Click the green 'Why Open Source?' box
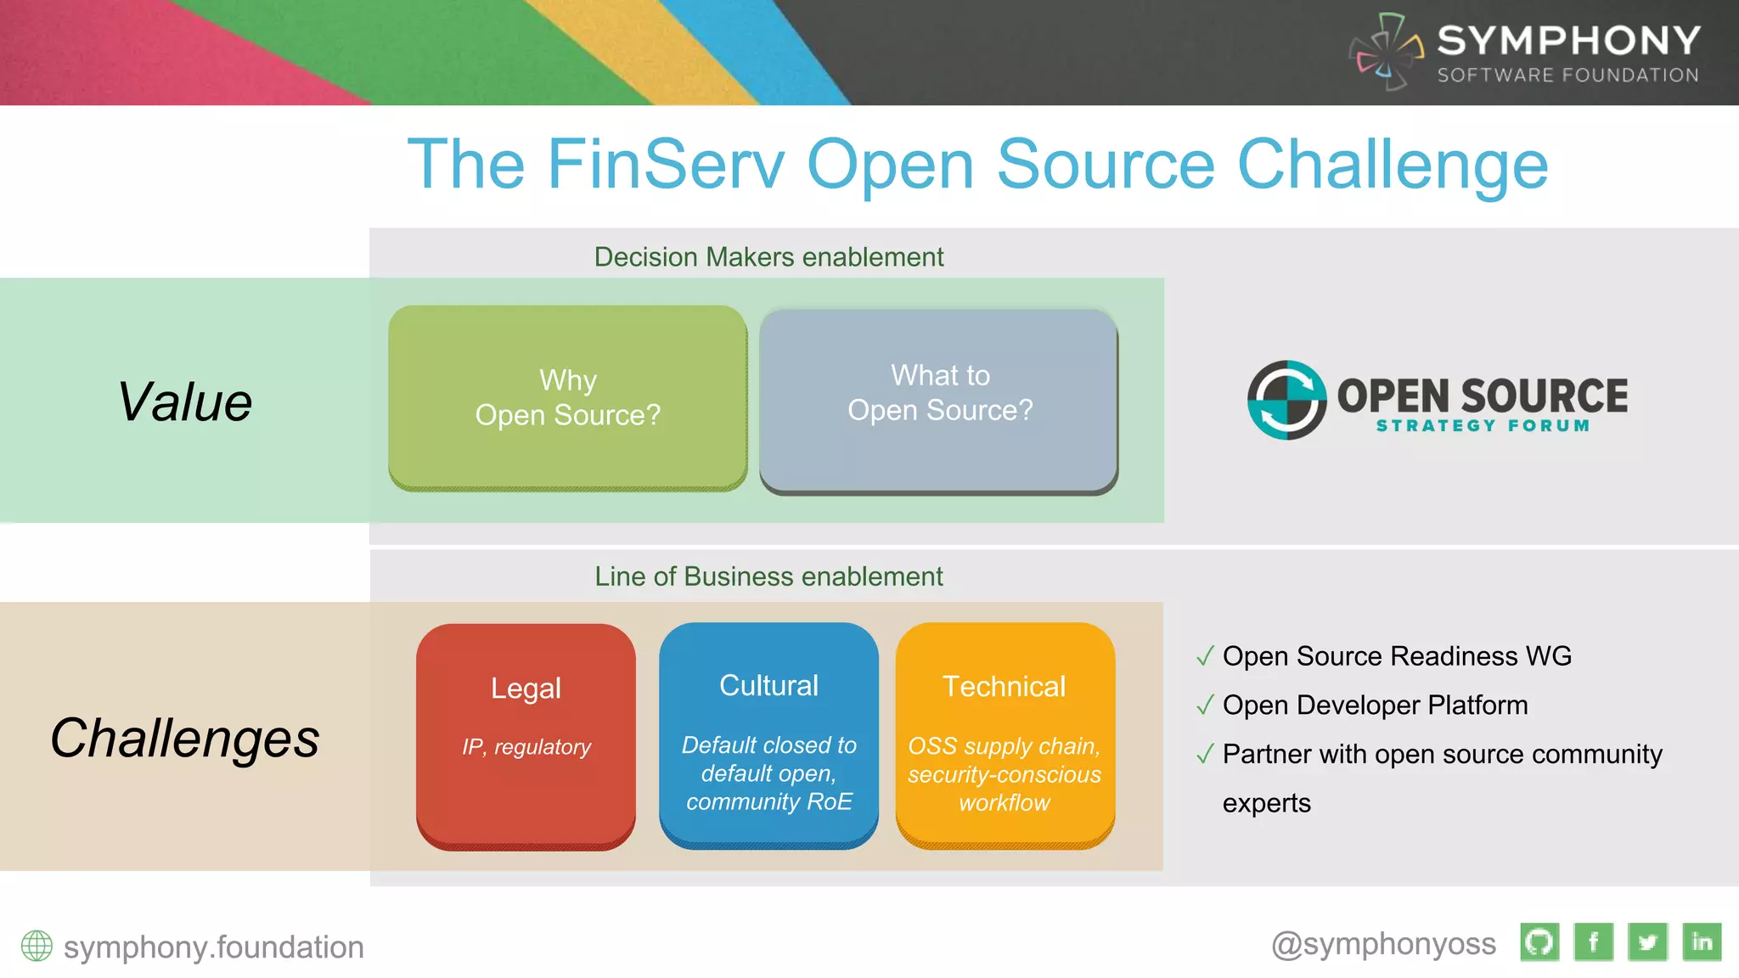tap(567, 397)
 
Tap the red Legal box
tap(526, 735)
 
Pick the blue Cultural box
tap(768, 735)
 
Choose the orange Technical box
tap(1005, 735)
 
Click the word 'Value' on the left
tap(184, 402)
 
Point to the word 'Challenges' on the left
tap(184, 738)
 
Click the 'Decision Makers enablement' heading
tap(768, 256)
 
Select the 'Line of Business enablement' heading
tap(768, 576)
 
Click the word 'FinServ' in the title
tap(666, 165)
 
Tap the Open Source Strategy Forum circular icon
tap(1286, 400)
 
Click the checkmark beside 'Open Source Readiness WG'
tap(1204, 656)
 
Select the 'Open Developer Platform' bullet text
tap(1375, 705)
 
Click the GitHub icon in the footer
tap(1539, 942)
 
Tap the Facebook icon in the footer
tap(1593, 942)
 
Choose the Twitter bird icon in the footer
tap(1647, 942)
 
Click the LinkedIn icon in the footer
tap(1702, 942)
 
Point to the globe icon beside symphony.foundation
tap(37, 946)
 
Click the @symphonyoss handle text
tap(1383, 944)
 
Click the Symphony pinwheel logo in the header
tap(1387, 52)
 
